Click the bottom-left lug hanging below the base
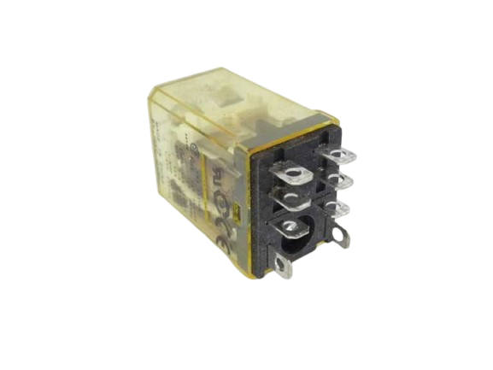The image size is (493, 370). pos(285,266)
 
